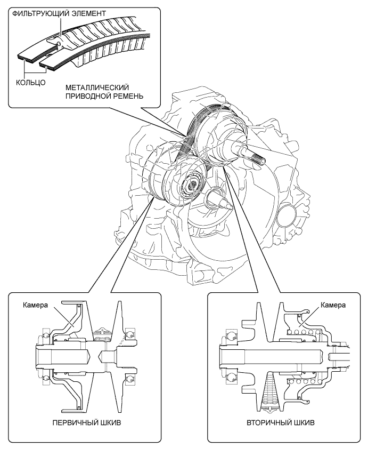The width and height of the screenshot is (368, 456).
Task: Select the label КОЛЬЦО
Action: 30,83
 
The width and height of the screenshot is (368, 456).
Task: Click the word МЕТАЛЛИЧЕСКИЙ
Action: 97,87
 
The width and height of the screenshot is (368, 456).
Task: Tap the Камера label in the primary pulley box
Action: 36,305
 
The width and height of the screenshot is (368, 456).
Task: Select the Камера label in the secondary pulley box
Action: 333,305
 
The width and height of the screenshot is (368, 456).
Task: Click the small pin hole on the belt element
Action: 59,44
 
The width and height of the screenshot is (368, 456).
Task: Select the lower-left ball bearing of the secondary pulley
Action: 232,378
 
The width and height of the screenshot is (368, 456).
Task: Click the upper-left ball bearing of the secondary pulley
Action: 232,336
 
